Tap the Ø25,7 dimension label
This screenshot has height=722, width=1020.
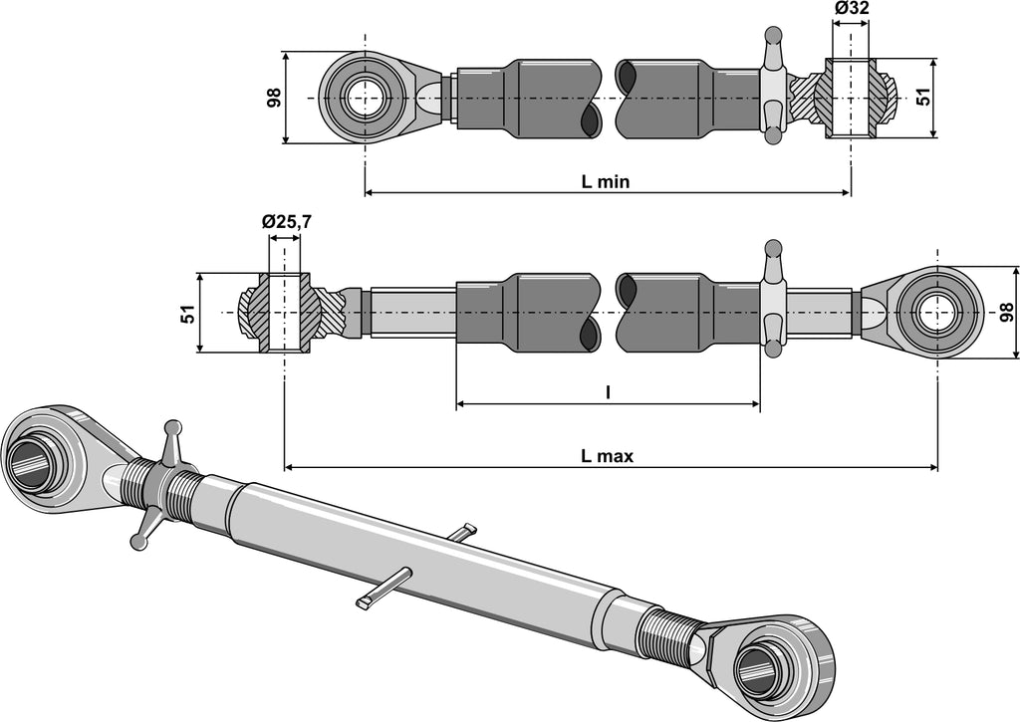pos(287,223)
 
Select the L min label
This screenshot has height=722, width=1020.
pos(606,181)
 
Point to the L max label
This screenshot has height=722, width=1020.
pos(608,456)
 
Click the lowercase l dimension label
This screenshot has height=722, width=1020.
pos(608,392)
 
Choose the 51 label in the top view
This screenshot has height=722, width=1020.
pos(922,98)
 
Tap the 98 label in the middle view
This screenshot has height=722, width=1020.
pos(1005,313)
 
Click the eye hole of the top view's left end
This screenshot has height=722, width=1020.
pos(365,98)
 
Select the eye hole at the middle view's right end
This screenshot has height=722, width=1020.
pos(936,313)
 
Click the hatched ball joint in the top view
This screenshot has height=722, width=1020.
pos(852,99)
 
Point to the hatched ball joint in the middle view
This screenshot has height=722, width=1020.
pos(283,313)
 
